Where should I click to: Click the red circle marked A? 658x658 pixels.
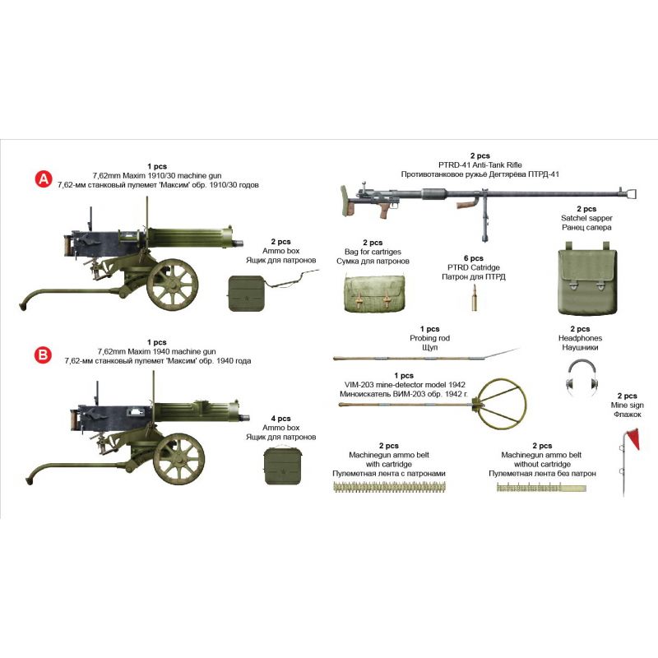point(44,179)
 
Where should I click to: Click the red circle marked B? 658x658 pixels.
point(43,355)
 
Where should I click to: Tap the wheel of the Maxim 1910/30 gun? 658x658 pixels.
point(172,285)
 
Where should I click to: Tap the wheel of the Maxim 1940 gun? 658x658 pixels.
point(178,459)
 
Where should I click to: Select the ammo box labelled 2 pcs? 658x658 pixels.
point(247,294)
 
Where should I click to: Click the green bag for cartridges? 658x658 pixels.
point(375,294)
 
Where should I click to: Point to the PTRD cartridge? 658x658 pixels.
point(475,298)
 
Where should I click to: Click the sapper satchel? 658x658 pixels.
point(587,278)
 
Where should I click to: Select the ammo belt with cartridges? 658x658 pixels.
point(389,487)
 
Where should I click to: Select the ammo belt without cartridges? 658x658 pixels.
point(541,488)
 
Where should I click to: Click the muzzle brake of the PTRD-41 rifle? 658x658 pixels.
point(632,193)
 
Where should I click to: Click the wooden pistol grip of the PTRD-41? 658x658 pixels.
point(384,210)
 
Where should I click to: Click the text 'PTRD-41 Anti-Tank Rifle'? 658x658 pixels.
point(480,165)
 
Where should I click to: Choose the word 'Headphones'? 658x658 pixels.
point(580,338)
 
